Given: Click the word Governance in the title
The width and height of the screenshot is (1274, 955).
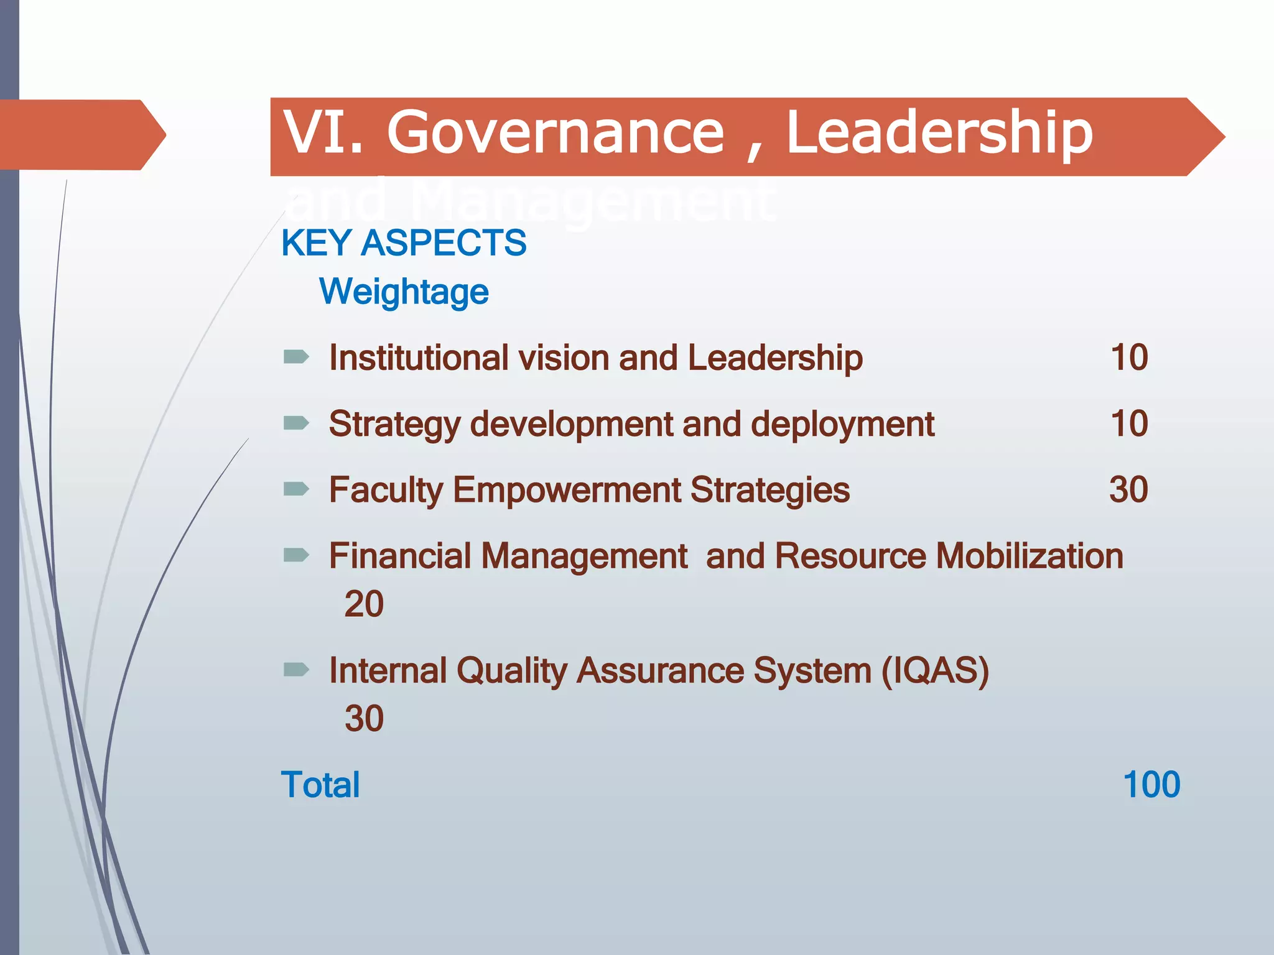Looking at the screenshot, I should pos(556,132).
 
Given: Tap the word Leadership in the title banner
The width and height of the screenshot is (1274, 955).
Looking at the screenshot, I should pos(939,132).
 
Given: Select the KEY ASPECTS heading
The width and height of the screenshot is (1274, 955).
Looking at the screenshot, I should pos(404,242).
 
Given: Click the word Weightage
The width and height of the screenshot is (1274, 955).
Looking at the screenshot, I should pos(404,292).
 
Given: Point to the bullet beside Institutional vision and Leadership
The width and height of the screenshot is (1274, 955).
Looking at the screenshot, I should pos(296,357).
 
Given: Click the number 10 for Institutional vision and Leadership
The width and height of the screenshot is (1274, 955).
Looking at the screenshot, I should pos(1129,358).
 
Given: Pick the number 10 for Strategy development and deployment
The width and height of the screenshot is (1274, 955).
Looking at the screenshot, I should pos(1129,423).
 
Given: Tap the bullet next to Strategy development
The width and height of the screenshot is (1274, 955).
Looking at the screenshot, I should pos(296,423).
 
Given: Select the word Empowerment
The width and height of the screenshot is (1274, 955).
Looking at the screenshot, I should pos(567,490).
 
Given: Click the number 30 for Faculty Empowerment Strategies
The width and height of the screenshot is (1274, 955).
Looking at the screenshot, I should pos(1128,490).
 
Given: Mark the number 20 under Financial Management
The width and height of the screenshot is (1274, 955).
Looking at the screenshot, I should pos(364,604).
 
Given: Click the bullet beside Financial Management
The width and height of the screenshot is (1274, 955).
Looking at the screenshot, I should pos(296,555).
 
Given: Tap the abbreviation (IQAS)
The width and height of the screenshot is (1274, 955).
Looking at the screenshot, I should pos(935,671).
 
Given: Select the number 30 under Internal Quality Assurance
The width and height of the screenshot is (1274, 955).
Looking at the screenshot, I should pos(364,719).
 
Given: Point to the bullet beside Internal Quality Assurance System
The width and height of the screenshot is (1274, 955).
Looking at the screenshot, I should pos(296,670).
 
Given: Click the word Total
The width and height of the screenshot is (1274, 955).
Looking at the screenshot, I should pos(320,785).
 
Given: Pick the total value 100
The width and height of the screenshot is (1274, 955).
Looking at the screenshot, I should pos(1151,785).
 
